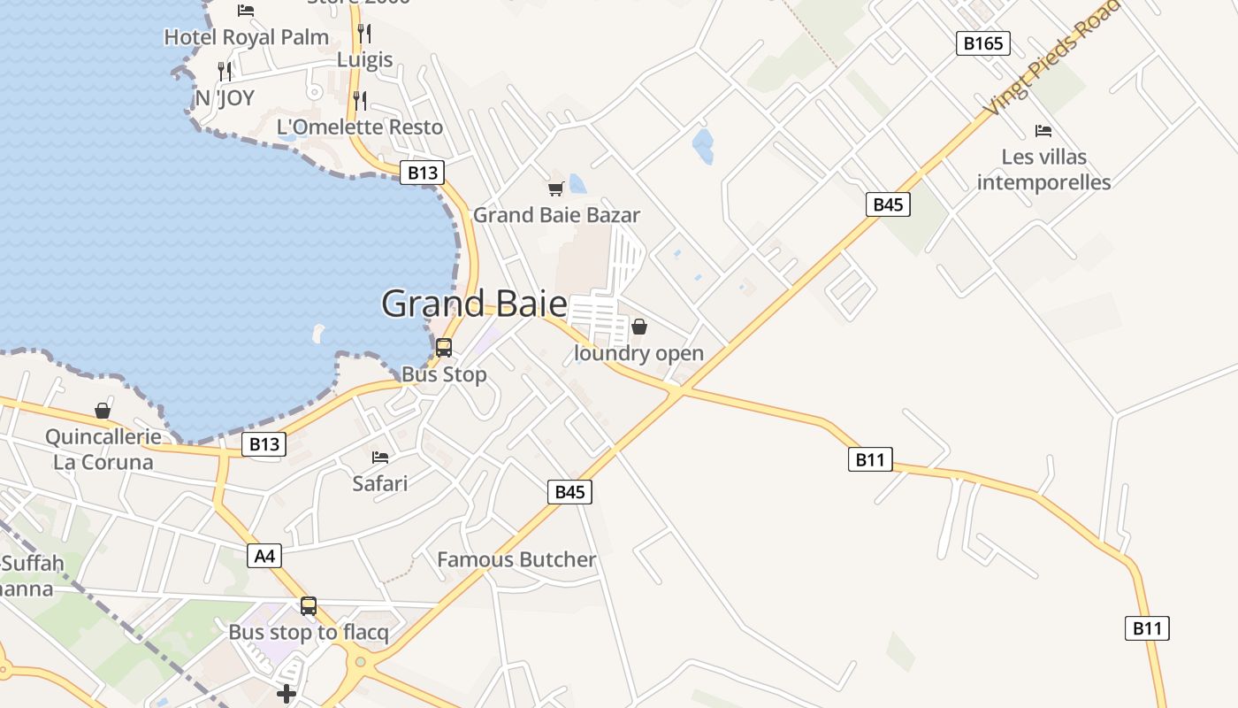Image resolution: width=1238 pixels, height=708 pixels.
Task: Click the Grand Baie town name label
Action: coord(474,304)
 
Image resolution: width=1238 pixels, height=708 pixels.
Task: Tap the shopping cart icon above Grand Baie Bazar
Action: coord(556,189)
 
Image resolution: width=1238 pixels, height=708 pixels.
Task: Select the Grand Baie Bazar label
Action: coord(556,215)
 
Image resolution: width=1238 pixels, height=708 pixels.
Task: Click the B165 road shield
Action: coord(982,43)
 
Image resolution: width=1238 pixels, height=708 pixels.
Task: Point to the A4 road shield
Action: coord(265,556)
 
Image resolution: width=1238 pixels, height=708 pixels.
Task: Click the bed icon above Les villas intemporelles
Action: coord(1043,131)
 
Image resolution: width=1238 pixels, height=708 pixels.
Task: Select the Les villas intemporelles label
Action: coord(1043,170)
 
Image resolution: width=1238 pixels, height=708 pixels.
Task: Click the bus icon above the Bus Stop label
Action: coord(444,348)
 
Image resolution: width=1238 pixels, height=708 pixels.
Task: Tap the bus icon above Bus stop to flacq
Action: coord(309,606)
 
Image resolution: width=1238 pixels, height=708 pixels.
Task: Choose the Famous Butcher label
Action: coord(516,559)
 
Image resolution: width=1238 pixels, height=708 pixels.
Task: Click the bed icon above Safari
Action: coord(380,458)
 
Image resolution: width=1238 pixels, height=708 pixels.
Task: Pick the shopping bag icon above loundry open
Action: coord(639,327)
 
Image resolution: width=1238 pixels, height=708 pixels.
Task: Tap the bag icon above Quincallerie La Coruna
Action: coord(103,411)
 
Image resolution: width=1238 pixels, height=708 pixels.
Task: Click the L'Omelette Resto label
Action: coord(360,127)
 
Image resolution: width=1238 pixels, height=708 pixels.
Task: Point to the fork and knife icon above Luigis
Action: coord(363,34)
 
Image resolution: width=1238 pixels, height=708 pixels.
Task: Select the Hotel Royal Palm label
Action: coord(247,37)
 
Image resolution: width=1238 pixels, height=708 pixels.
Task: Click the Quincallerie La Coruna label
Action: coord(103,450)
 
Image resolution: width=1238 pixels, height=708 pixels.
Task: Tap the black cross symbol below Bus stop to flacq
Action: coord(287,694)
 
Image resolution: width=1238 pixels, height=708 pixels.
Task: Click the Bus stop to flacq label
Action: coord(309,633)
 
